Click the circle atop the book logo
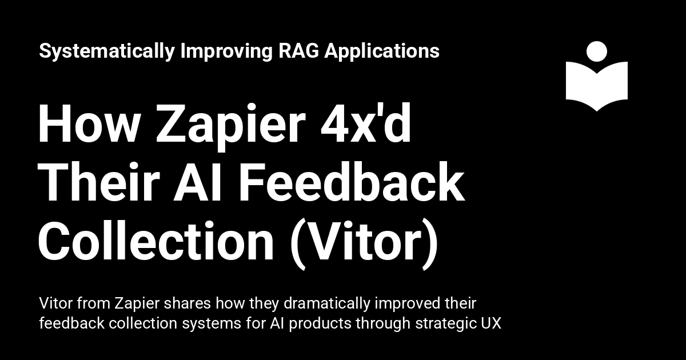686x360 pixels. tap(597, 51)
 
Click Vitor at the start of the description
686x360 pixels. tap(55, 302)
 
